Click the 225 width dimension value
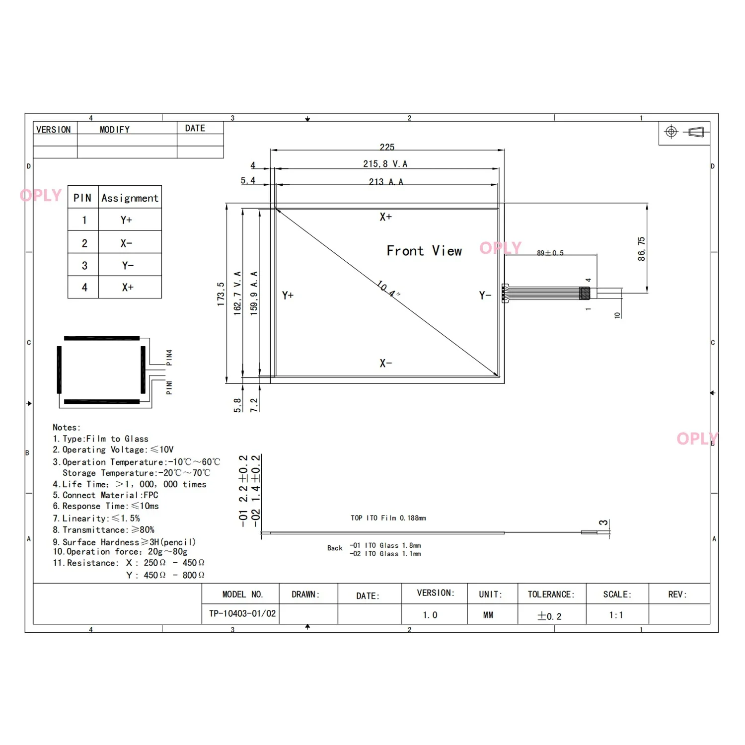(x=387, y=147)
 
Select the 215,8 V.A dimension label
(x=385, y=164)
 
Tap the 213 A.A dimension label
(x=386, y=182)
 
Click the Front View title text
(x=424, y=251)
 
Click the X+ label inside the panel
(x=386, y=217)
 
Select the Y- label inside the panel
(x=485, y=296)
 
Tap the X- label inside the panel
(x=386, y=364)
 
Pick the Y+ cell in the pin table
(x=127, y=220)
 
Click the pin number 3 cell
(x=84, y=266)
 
